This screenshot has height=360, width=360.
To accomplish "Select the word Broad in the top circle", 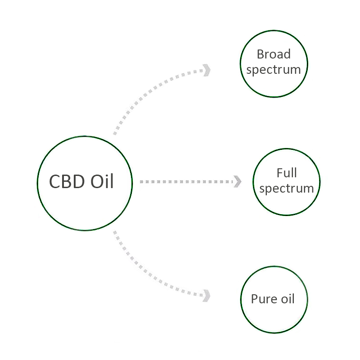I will click(274, 54).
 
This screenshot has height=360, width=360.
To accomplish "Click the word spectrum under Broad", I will click(274, 70).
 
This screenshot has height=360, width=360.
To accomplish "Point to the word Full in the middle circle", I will click(287, 173).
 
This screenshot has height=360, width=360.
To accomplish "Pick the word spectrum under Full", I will click(287, 189).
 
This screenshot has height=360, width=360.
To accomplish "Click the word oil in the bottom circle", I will click(286, 299).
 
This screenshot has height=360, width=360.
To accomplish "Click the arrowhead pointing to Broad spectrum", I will click(207, 70).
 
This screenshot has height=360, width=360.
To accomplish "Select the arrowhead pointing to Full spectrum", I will click(237, 182).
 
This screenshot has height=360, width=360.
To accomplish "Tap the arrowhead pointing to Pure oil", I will click(207, 295).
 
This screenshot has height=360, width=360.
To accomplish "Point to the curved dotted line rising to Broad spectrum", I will click(144, 92).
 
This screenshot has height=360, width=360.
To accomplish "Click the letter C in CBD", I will click(55, 182).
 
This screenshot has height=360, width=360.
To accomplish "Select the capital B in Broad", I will click(260, 54).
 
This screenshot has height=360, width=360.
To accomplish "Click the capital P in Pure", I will click(255, 299).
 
